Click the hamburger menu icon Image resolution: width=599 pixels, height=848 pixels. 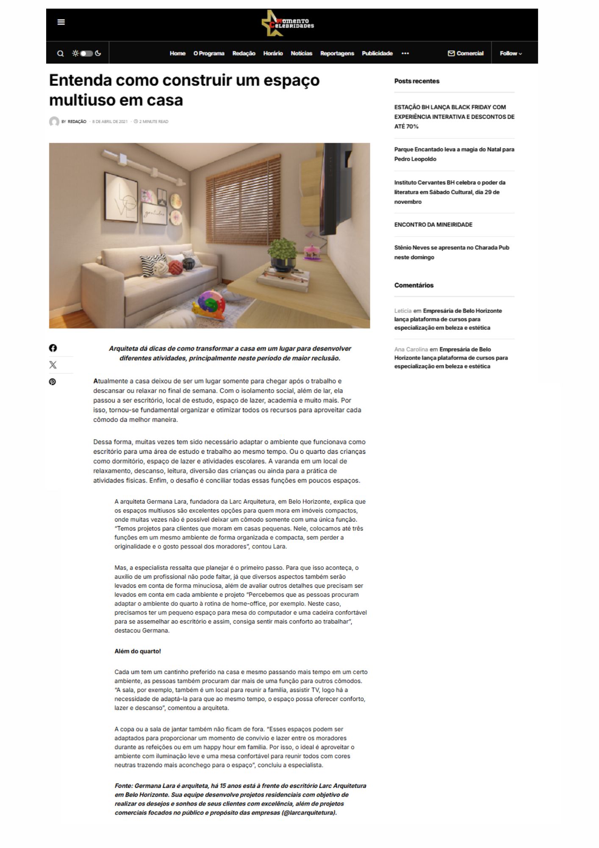pyautogui.click(x=61, y=22)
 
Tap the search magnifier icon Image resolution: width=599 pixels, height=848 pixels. pyautogui.click(x=61, y=53)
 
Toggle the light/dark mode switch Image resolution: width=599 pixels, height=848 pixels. pyautogui.click(x=86, y=53)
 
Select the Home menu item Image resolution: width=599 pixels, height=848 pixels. pyautogui.click(x=177, y=53)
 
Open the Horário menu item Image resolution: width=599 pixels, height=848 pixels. pyautogui.click(x=273, y=53)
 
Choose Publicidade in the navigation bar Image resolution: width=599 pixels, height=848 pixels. pyautogui.click(x=377, y=53)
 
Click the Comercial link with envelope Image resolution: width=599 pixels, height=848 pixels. pyautogui.click(x=466, y=53)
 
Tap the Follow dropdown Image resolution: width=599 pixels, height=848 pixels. pyautogui.click(x=510, y=53)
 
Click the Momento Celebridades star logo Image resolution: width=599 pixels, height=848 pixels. pyautogui.click(x=288, y=24)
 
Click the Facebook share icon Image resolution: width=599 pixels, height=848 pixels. pyautogui.click(x=53, y=348)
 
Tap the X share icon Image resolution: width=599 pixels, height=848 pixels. pyautogui.click(x=53, y=365)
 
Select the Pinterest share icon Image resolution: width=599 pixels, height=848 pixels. pyautogui.click(x=53, y=382)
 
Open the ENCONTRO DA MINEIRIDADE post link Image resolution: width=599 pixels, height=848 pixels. pyautogui.click(x=433, y=225)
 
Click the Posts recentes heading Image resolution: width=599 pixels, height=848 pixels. pyautogui.click(x=417, y=81)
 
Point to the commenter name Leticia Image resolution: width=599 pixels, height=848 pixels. pyautogui.click(x=403, y=311)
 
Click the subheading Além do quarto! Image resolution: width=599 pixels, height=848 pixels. pyautogui.click(x=138, y=651)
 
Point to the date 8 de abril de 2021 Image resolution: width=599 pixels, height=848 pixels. pyautogui.click(x=110, y=122)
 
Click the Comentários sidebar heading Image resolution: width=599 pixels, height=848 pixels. pyautogui.click(x=414, y=285)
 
